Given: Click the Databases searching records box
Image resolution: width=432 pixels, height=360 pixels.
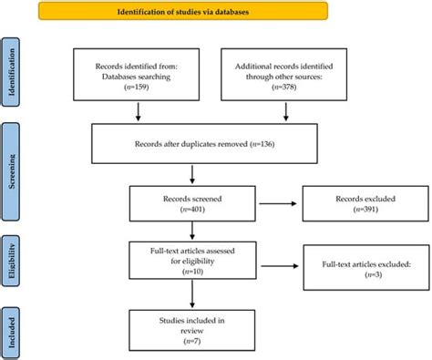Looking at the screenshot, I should (138, 77).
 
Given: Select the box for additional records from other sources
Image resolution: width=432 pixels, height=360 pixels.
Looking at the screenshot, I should (288, 77).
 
